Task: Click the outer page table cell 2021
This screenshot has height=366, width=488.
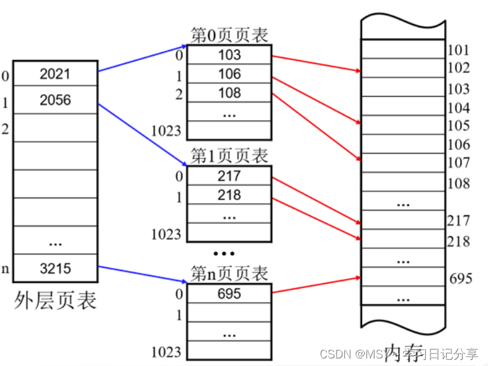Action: pyautogui.click(x=55, y=74)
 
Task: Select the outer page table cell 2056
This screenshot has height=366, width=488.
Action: pyautogui.click(x=55, y=100)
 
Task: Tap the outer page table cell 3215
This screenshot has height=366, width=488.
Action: pyautogui.click(x=55, y=268)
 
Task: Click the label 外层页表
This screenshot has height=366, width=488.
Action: pyautogui.click(x=56, y=300)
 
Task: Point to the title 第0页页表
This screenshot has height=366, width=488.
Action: pyautogui.click(x=229, y=35)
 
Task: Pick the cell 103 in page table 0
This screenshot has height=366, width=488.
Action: pyautogui.click(x=229, y=55)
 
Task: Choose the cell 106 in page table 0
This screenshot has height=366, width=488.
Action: pyautogui.click(x=229, y=74)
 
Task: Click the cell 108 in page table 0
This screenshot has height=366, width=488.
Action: pyautogui.click(x=229, y=94)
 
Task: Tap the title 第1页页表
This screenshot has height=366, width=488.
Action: pyautogui.click(x=229, y=156)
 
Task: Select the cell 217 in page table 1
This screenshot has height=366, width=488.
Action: pyautogui.click(x=229, y=175)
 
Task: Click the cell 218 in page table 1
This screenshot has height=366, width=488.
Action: pyautogui.click(x=229, y=195)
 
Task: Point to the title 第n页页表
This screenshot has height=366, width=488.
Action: pyautogui.click(x=229, y=274)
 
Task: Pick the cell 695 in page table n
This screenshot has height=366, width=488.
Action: pyautogui.click(x=229, y=294)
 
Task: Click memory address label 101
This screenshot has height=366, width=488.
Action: pyautogui.click(x=458, y=50)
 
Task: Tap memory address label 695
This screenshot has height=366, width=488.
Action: pyautogui.click(x=461, y=278)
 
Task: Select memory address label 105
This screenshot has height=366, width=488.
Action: pyautogui.click(x=458, y=125)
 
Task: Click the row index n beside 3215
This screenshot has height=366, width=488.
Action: pyautogui.click(x=6, y=269)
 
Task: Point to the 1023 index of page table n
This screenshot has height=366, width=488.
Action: pyautogui.click(x=166, y=352)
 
